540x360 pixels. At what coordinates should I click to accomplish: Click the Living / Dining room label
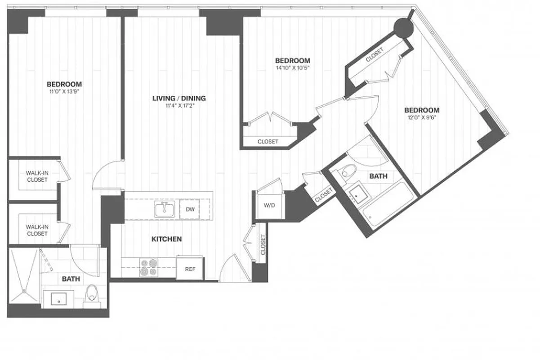coord(179,98)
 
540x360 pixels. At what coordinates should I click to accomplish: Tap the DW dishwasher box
coord(190,209)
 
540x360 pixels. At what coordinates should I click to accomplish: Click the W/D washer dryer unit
coord(269,206)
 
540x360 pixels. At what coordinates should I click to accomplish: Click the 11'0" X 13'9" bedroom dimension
coord(64,91)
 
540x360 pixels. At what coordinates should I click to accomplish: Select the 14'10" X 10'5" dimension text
coord(293,68)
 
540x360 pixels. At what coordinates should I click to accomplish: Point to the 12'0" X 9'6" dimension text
coord(421,118)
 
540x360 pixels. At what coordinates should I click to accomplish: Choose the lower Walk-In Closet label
coord(37,230)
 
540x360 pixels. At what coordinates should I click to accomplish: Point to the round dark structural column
coord(403,29)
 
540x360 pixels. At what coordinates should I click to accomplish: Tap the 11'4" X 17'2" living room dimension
coord(179,106)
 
